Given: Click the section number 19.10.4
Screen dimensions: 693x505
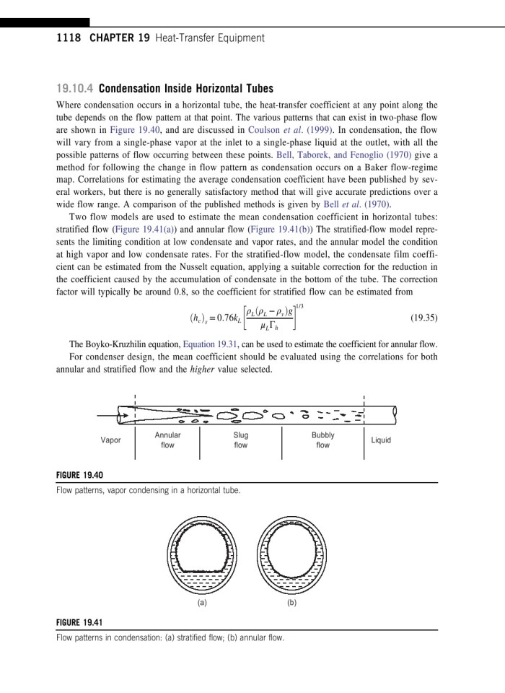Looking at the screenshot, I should [x=74, y=89].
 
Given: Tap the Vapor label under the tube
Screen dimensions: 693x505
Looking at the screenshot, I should [x=110, y=440].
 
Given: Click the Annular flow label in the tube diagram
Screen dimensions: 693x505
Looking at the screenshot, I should [x=167, y=440].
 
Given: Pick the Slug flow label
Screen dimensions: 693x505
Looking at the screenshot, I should [x=240, y=440].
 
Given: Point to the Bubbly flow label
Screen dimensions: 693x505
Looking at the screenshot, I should [x=322, y=440].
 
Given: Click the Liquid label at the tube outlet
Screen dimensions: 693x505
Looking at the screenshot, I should [x=380, y=440].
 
